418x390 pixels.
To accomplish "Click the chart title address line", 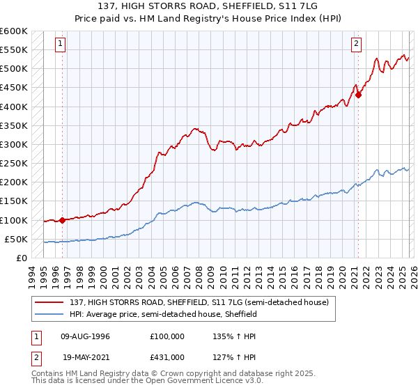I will click(x=209, y=6).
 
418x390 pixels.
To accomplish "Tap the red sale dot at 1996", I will click(x=62, y=220).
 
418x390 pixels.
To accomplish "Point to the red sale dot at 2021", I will click(x=358, y=95).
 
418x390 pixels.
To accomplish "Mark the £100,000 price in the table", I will click(x=167, y=336).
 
